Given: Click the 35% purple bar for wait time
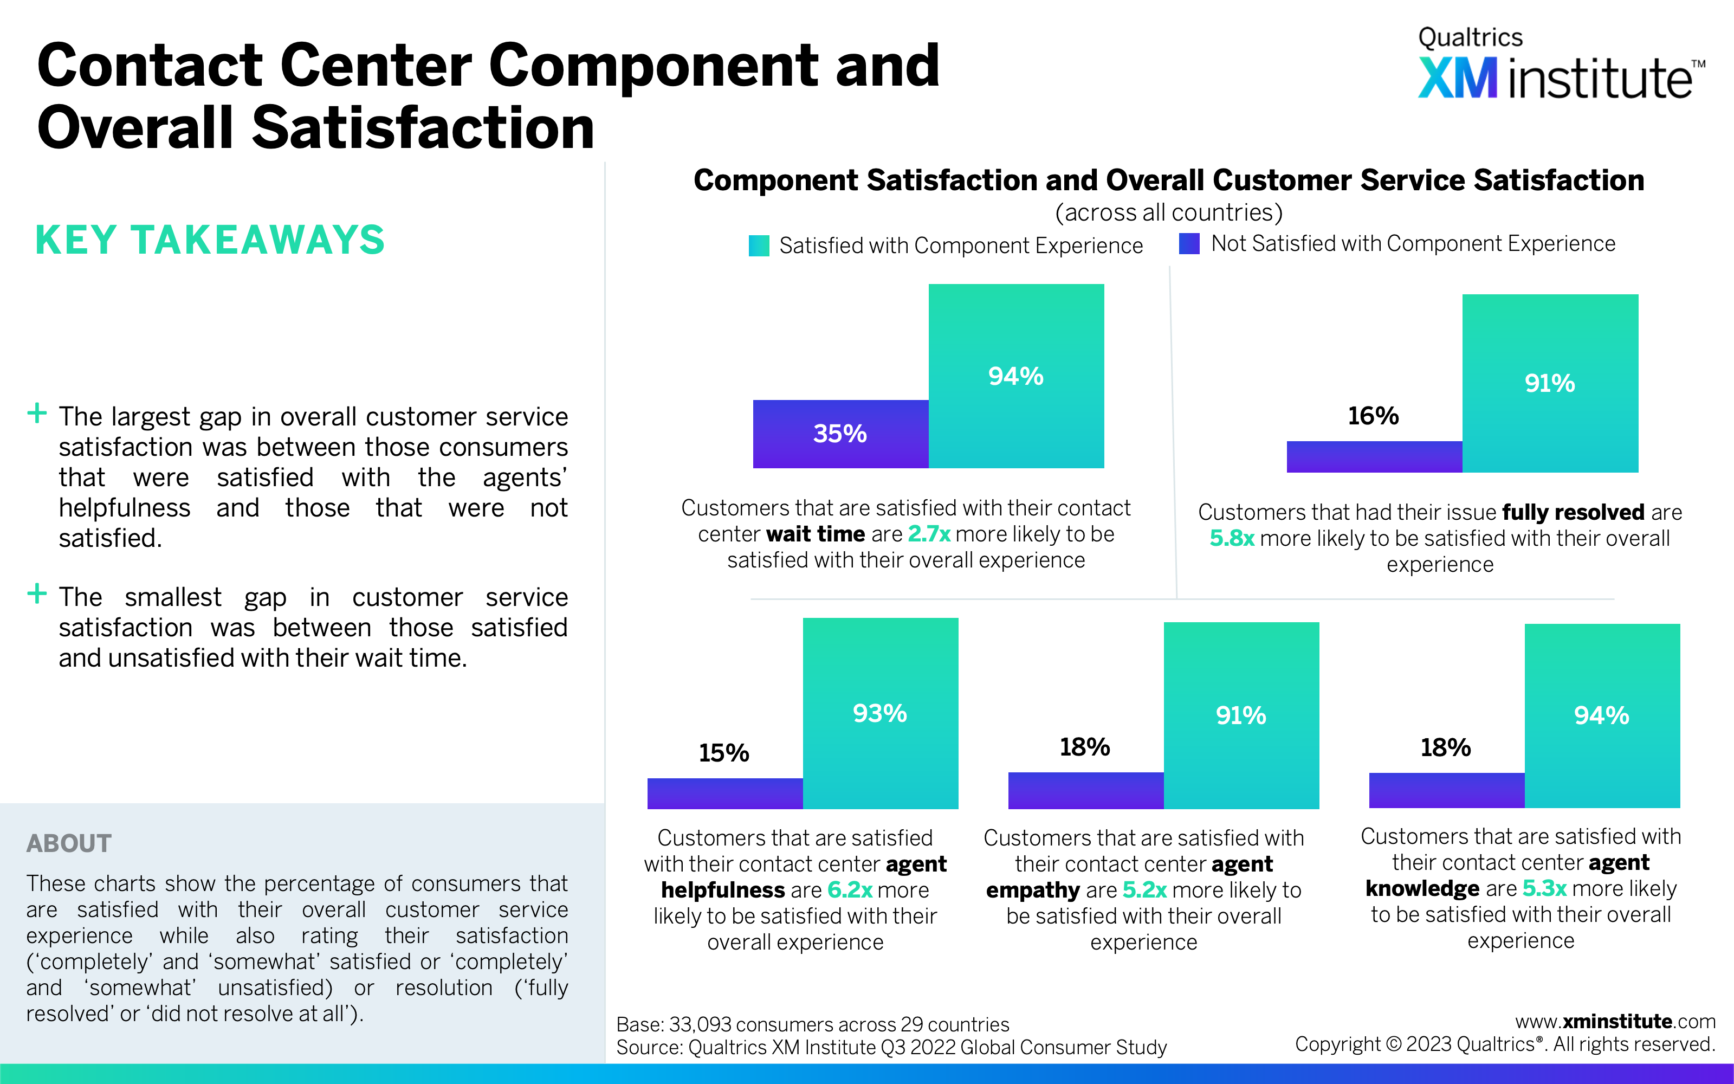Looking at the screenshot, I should point(840,434).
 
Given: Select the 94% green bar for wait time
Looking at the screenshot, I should point(1015,376).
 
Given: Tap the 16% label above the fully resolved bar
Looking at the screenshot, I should point(1373,416).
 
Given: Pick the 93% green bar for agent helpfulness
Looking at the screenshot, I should point(880,713).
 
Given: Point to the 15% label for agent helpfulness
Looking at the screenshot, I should point(724,753).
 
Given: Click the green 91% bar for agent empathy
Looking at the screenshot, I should point(1240,715).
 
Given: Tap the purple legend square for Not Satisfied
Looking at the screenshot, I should point(1189,244).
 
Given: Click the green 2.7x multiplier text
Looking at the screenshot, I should point(929,534).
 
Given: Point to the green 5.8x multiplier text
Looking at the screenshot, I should point(1232,538).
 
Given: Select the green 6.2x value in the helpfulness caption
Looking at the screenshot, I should point(849,891).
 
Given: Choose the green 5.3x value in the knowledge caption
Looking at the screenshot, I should point(1544,889).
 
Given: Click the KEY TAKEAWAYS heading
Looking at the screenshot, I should point(210,240).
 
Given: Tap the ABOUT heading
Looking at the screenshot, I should point(69,843).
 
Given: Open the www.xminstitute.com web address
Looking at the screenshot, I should point(1615,1022).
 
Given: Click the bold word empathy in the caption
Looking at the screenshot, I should point(1032,891).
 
